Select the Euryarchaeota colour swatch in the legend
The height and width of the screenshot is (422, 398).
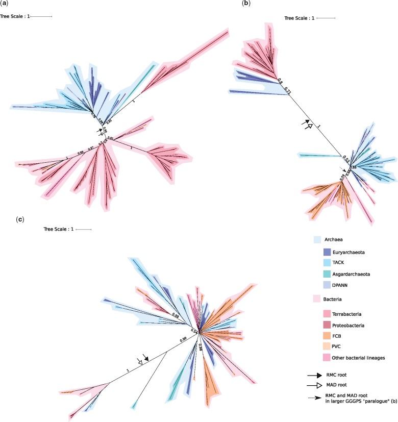click(x=329, y=252)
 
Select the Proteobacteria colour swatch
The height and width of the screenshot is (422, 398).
click(x=329, y=325)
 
